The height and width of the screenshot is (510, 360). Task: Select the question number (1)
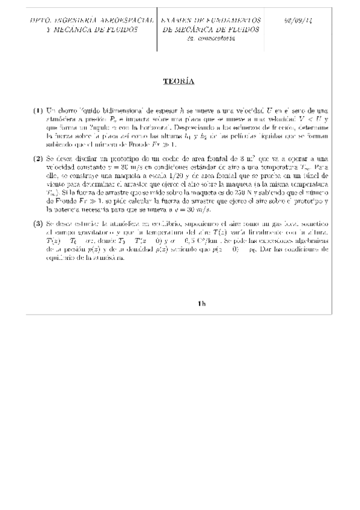tap(38, 111)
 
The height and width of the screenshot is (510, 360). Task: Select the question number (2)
tap(38, 159)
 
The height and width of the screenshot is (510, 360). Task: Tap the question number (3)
tap(38, 224)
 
